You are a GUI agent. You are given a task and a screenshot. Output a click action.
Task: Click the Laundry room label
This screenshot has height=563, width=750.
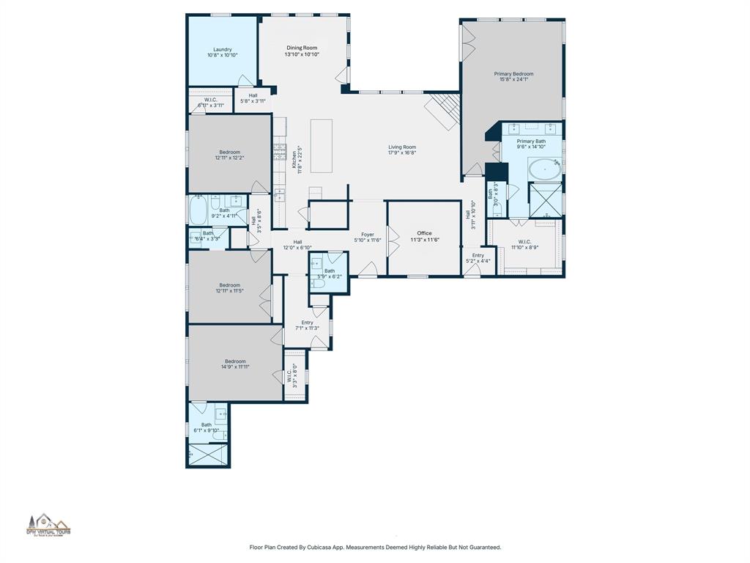[x=222, y=50]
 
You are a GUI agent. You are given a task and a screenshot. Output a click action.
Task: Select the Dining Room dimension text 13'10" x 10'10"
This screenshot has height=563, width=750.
[x=302, y=54]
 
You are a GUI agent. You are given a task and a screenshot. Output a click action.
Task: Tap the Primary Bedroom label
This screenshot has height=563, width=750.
[x=513, y=74]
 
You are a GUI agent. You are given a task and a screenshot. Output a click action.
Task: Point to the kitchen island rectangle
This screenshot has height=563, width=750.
[x=321, y=146]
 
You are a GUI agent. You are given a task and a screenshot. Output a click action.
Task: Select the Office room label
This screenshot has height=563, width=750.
[x=424, y=233]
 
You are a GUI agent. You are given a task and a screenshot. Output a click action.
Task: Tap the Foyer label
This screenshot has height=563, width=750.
[x=367, y=235]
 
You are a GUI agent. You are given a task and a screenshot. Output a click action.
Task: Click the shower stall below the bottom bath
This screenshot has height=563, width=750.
[x=207, y=455]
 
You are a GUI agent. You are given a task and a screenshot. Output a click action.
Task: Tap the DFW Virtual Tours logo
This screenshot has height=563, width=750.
[x=49, y=525]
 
